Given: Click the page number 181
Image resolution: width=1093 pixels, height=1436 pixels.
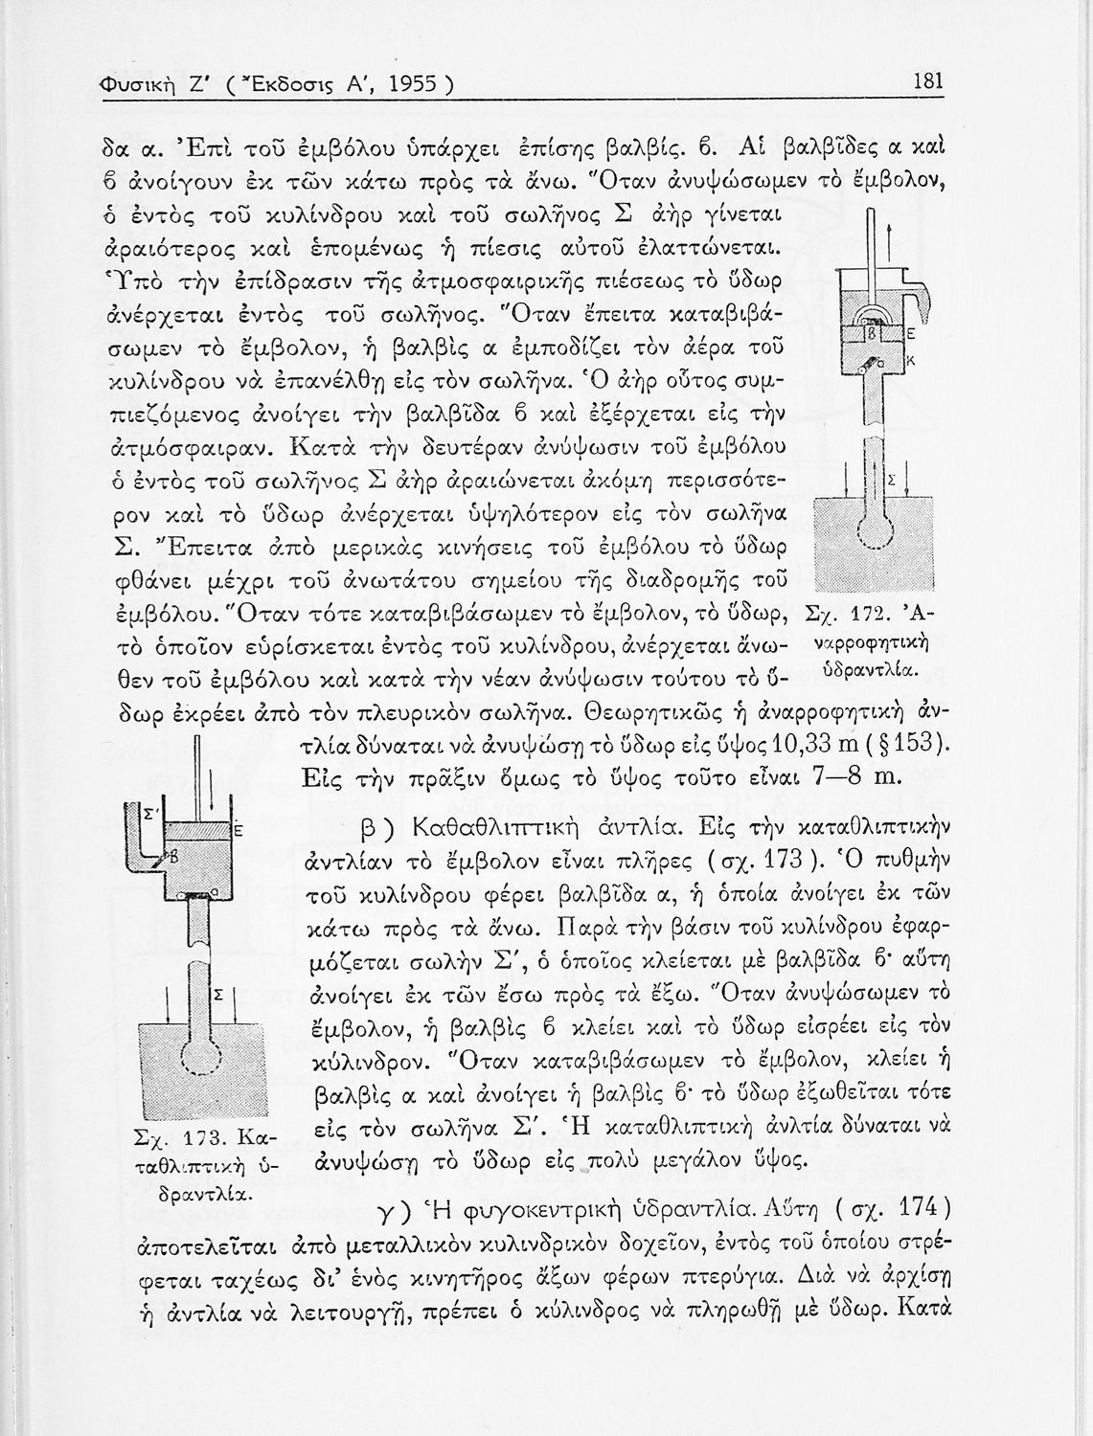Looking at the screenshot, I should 928,81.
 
